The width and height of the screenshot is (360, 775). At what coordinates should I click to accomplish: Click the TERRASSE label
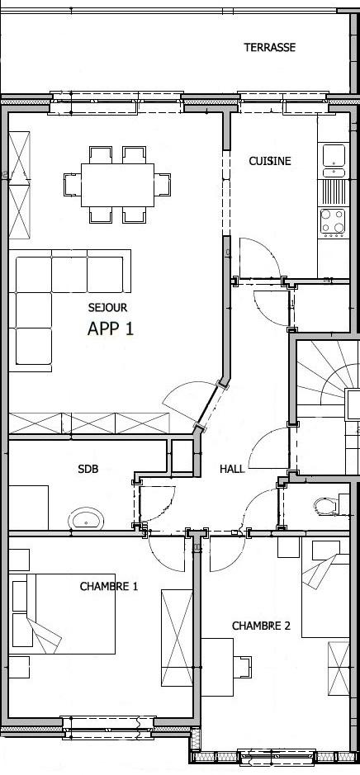269,47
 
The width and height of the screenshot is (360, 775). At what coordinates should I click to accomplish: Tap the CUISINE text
269,161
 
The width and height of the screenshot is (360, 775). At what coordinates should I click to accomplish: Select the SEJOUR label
108,307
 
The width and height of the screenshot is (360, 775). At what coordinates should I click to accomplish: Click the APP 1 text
111,328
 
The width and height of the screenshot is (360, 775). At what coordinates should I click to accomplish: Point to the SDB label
88,469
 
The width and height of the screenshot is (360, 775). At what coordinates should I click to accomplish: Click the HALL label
232,469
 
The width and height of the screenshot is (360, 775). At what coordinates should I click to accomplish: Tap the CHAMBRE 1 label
109,587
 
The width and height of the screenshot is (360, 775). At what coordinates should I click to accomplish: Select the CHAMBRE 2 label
261,626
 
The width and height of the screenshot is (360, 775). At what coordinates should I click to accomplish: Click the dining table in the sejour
118,185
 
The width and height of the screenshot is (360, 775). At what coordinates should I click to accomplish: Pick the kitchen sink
334,160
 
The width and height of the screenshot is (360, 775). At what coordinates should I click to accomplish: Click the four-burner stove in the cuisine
333,221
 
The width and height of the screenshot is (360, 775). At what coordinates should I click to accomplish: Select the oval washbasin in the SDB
86,519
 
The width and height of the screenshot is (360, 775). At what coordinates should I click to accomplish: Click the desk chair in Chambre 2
242,667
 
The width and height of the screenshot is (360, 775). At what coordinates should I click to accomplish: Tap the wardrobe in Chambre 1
177,638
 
